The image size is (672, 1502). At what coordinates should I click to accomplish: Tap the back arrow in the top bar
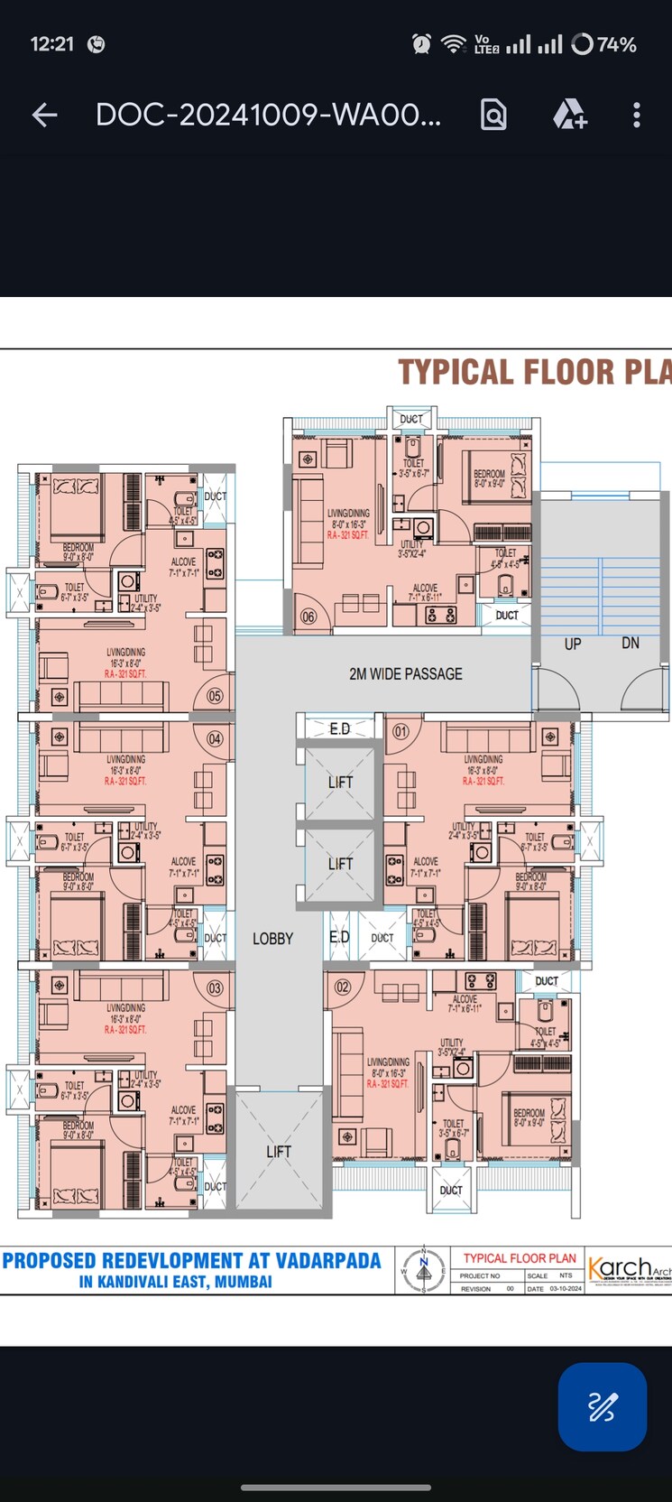pyautogui.click(x=44, y=115)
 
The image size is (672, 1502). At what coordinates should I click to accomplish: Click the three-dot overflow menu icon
pyautogui.click(x=636, y=115)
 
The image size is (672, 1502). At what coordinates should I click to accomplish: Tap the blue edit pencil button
pyautogui.click(x=602, y=1406)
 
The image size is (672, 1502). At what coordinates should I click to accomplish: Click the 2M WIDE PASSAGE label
pyautogui.click(x=405, y=674)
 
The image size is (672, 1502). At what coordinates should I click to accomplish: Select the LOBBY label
pyautogui.click(x=272, y=939)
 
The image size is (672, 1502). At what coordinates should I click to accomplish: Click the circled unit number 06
pyautogui.click(x=308, y=617)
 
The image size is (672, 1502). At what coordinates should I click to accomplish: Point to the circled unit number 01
pyautogui.click(x=400, y=731)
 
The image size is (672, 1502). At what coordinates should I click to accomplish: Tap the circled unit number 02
pyautogui.click(x=343, y=987)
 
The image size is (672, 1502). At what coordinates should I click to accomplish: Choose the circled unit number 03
pyautogui.click(x=215, y=987)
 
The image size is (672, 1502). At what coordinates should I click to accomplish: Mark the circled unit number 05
pyautogui.click(x=215, y=696)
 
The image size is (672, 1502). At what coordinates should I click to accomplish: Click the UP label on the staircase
pyautogui.click(x=573, y=644)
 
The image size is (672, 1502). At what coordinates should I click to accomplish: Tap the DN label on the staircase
pyautogui.click(x=631, y=643)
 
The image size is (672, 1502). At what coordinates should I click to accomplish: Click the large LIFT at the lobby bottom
pyautogui.click(x=279, y=1151)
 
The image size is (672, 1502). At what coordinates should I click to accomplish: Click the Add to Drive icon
pyautogui.click(x=569, y=115)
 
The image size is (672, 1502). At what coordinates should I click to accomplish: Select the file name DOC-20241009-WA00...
pyautogui.click(x=268, y=115)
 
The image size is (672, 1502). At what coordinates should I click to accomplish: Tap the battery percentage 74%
pyautogui.click(x=617, y=44)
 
